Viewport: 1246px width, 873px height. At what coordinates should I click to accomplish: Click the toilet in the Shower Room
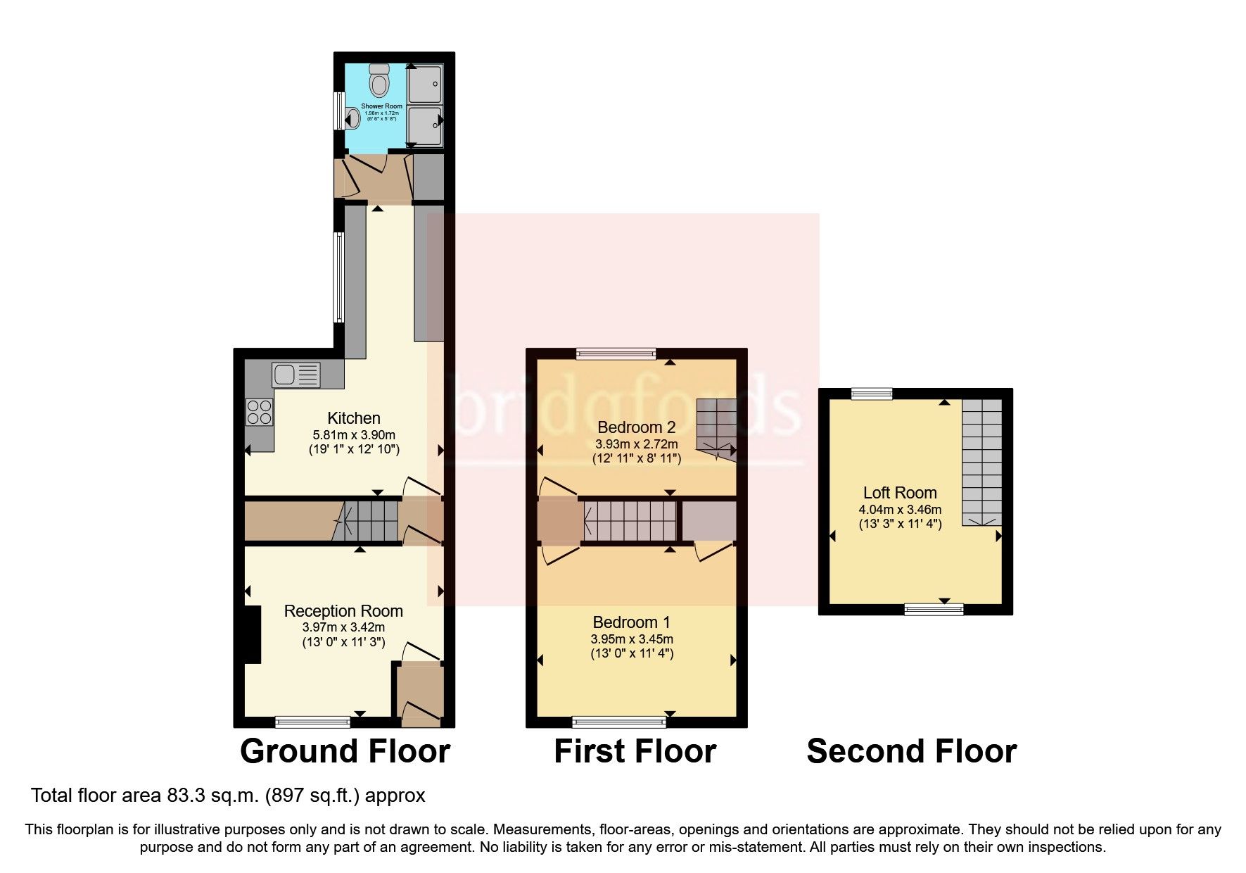click(x=381, y=80)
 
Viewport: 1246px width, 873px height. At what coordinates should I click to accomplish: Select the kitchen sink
click(x=296, y=374)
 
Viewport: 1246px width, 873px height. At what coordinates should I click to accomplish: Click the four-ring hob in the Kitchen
click(x=259, y=411)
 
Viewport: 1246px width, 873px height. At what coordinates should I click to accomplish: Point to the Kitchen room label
click(x=354, y=418)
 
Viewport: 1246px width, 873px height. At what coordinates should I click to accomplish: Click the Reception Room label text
click(x=343, y=611)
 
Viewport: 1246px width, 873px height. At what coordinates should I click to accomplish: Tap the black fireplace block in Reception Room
click(x=252, y=634)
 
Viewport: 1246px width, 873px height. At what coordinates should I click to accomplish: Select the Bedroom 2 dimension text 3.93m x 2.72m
click(x=637, y=444)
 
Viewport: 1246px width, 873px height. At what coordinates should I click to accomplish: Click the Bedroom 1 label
click(x=631, y=622)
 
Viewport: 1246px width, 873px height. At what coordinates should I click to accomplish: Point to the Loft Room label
click(x=900, y=493)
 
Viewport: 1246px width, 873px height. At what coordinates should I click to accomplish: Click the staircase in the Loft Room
click(x=981, y=461)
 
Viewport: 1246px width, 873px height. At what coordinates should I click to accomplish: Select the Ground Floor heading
click(x=345, y=751)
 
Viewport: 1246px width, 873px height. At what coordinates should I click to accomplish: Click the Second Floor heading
click(x=911, y=751)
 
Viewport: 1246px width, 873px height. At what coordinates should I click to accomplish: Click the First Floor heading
click(x=635, y=751)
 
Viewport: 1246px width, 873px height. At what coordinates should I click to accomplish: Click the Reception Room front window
click(x=312, y=721)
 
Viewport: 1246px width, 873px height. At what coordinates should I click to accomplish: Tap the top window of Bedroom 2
click(x=616, y=353)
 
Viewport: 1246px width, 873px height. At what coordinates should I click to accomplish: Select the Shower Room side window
click(x=338, y=111)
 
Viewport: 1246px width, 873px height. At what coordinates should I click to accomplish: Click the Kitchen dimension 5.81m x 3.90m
click(x=354, y=435)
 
